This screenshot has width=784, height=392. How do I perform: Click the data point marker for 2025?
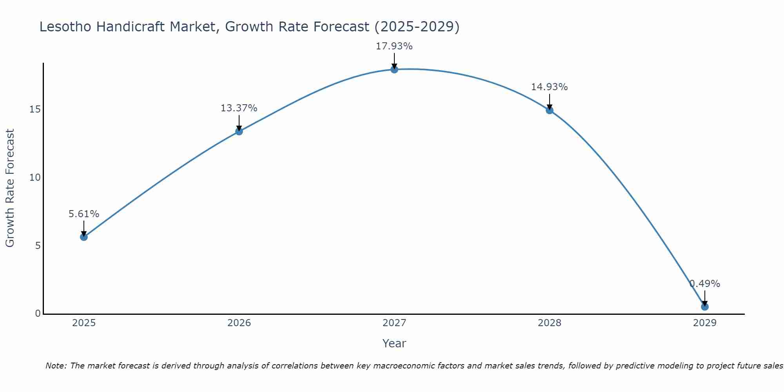pos(83,237)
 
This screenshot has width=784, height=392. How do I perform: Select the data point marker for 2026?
pos(239,131)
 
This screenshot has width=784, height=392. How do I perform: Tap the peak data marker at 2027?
pos(394,69)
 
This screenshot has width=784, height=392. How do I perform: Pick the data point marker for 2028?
pos(549,110)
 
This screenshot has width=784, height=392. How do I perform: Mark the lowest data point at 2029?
pos(704,307)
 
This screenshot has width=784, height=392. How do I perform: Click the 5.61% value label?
pos(83,214)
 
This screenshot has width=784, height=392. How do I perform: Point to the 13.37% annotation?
pos(239,108)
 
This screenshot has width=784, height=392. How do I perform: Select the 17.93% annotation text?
pos(394,46)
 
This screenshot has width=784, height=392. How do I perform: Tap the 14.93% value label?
pos(549,87)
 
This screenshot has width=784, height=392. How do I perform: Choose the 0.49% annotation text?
pos(704,284)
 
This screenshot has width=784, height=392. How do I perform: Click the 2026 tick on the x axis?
pos(239,323)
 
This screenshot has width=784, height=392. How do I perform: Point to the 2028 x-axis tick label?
pos(549,323)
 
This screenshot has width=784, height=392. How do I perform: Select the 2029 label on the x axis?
pos(704,323)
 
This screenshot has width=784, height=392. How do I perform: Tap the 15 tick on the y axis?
pos(35,109)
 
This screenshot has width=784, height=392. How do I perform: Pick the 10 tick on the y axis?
pos(35,178)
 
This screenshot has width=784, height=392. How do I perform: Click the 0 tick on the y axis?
pos(38,314)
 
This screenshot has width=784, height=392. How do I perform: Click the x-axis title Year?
pos(394,343)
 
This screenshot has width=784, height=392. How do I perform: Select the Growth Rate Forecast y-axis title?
pos(10,188)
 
